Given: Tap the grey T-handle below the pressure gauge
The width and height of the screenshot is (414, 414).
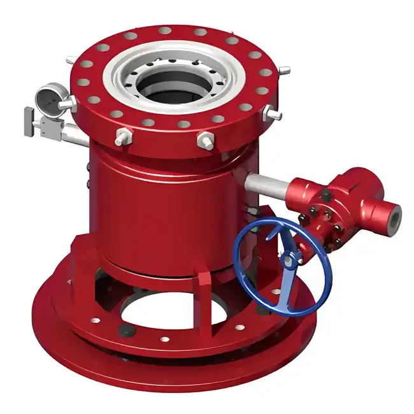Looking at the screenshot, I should pos(31,121).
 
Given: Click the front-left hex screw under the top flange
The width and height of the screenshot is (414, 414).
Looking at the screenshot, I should pos(122,137).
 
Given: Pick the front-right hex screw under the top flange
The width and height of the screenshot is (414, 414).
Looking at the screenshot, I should pos(206,141).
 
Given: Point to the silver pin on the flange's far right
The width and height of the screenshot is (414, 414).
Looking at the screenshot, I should pos(274,115).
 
